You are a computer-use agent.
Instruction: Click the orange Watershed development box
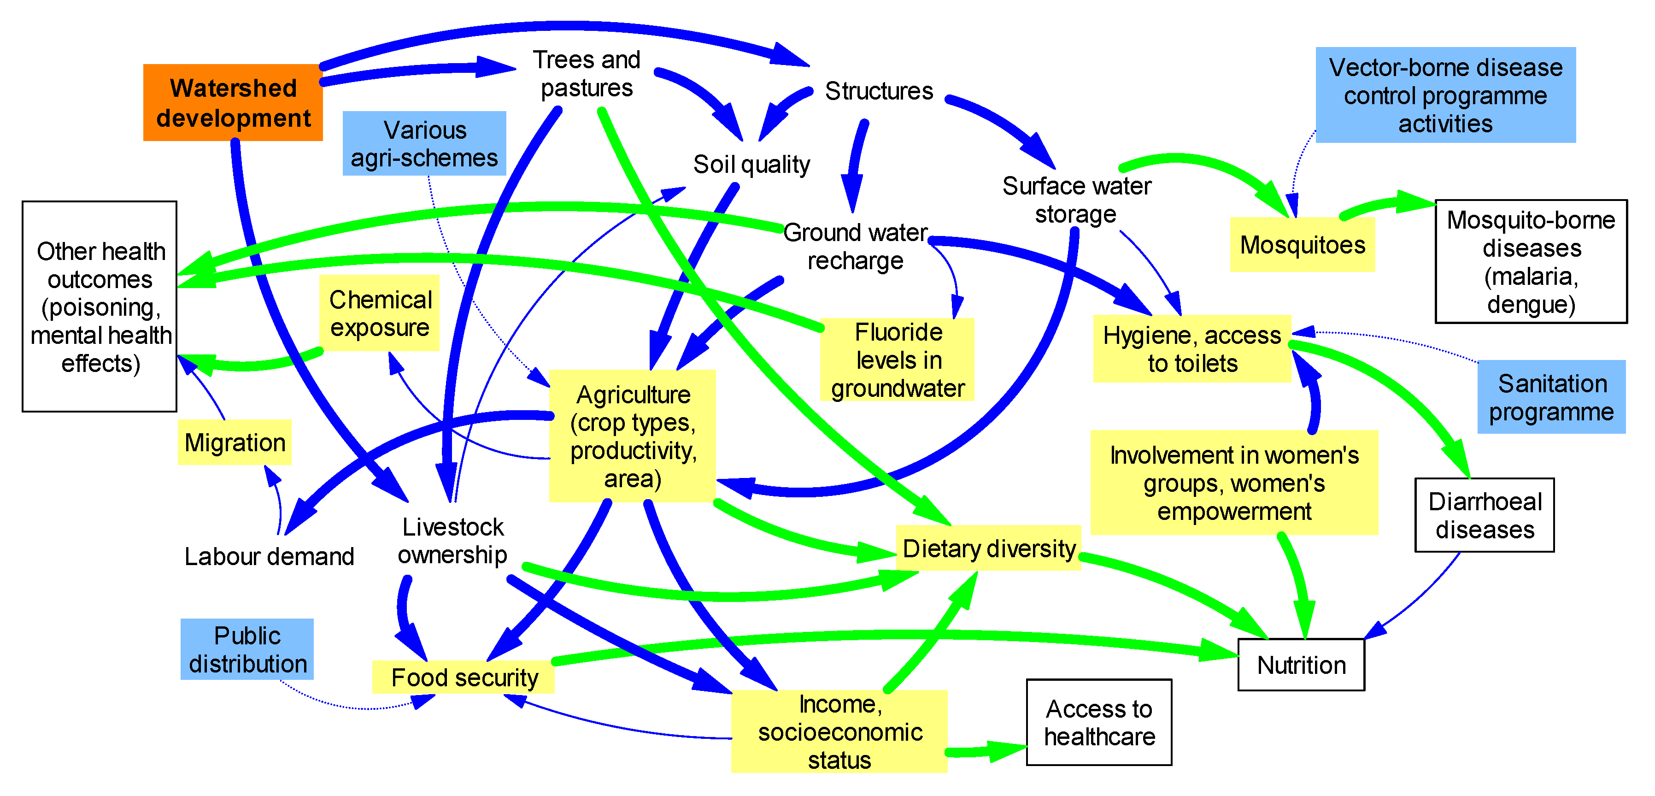(x=233, y=103)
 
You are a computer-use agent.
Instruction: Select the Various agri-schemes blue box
(x=424, y=144)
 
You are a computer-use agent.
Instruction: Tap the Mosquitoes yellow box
(x=1302, y=245)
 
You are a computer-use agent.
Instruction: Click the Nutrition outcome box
(x=1301, y=665)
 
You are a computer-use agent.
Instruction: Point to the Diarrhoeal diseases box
(x=1484, y=515)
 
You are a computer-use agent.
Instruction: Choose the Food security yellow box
(x=464, y=678)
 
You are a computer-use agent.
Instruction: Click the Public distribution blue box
(x=247, y=649)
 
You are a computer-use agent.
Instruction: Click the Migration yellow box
(x=235, y=442)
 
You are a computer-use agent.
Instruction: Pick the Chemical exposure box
(x=380, y=313)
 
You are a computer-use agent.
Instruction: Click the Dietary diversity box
(x=989, y=548)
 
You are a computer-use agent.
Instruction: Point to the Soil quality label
(x=751, y=165)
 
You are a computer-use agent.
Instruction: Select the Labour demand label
(x=269, y=556)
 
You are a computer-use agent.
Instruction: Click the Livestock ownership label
(x=452, y=541)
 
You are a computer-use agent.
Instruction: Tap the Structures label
(x=878, y=91)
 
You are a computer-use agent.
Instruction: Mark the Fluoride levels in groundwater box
(x=898, y=360)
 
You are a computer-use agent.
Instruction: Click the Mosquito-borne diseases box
(x=1531, y=261)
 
